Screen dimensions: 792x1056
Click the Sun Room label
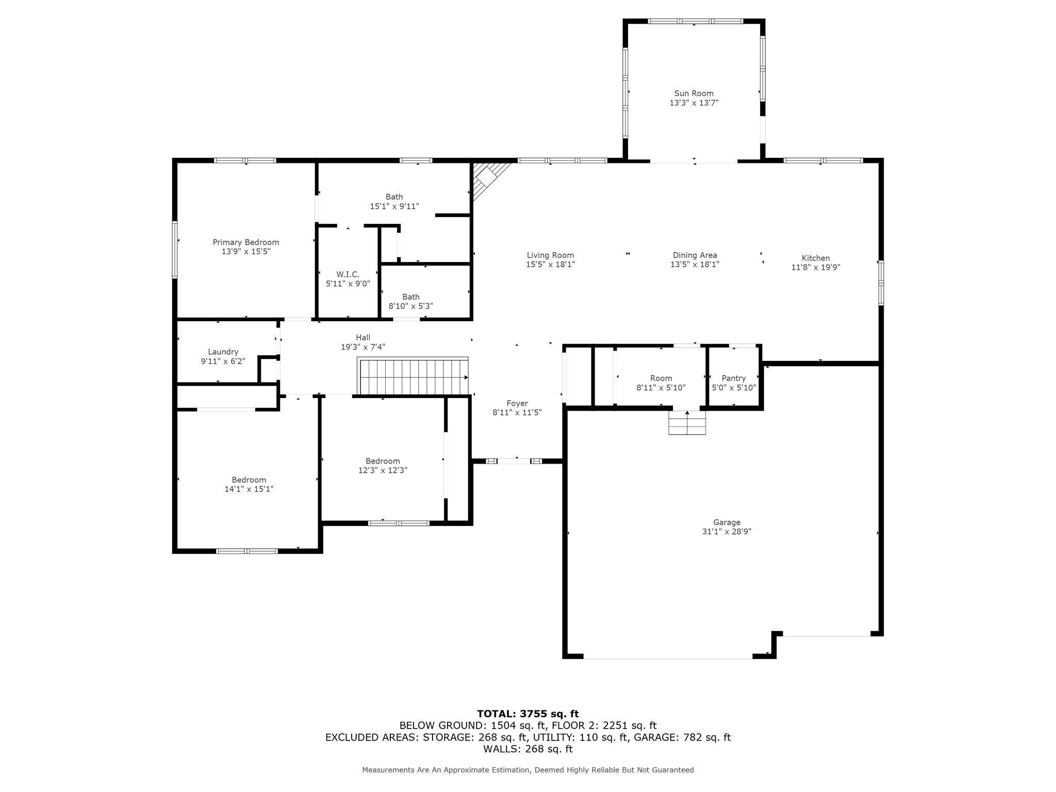(694, 93)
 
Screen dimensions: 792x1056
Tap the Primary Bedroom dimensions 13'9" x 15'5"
(246, 252)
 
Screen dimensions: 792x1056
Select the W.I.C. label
(348, 274)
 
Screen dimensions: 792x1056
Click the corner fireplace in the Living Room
(486, 178)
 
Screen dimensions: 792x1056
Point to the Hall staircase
(413, 376)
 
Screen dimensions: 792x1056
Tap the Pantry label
(734, 378)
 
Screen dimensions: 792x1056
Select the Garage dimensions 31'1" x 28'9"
(727, 532)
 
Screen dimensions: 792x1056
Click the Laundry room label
(223, 352)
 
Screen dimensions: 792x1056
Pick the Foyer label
(517, 403)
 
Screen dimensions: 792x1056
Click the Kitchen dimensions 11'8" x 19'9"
(816, 267)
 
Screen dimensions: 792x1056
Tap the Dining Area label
(695, 255)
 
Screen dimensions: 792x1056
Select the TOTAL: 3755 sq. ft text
(527, 714)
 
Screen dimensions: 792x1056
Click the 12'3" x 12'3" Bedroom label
(383, 461)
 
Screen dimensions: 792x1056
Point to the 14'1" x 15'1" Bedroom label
(249, 480)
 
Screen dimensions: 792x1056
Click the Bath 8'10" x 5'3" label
(410, 297)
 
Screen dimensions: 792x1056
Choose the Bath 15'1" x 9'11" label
(394, 197)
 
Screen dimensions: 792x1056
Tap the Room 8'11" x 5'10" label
(661, 378)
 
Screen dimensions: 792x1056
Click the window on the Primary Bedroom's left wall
(175, 250)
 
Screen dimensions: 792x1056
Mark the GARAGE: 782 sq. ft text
(682, 737)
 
